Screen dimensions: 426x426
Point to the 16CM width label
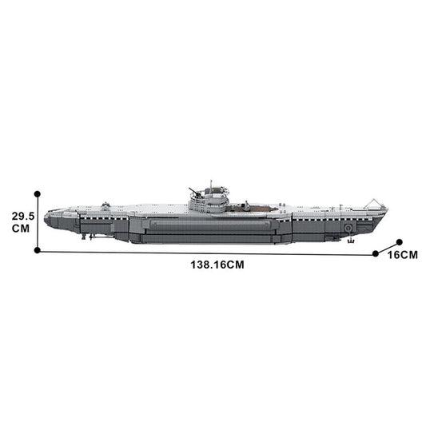(x=402, y=255)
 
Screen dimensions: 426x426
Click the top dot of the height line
(x=38, y=193)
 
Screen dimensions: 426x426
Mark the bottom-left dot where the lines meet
(x=38, y=250)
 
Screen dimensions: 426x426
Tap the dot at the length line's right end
(x=376, y=253)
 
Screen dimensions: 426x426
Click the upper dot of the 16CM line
(x=399, y=241)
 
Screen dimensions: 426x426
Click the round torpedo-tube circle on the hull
(x=348, y=227)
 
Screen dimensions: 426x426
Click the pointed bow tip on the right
(x=387, y=209)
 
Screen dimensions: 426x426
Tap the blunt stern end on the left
(x=47, y=217)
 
